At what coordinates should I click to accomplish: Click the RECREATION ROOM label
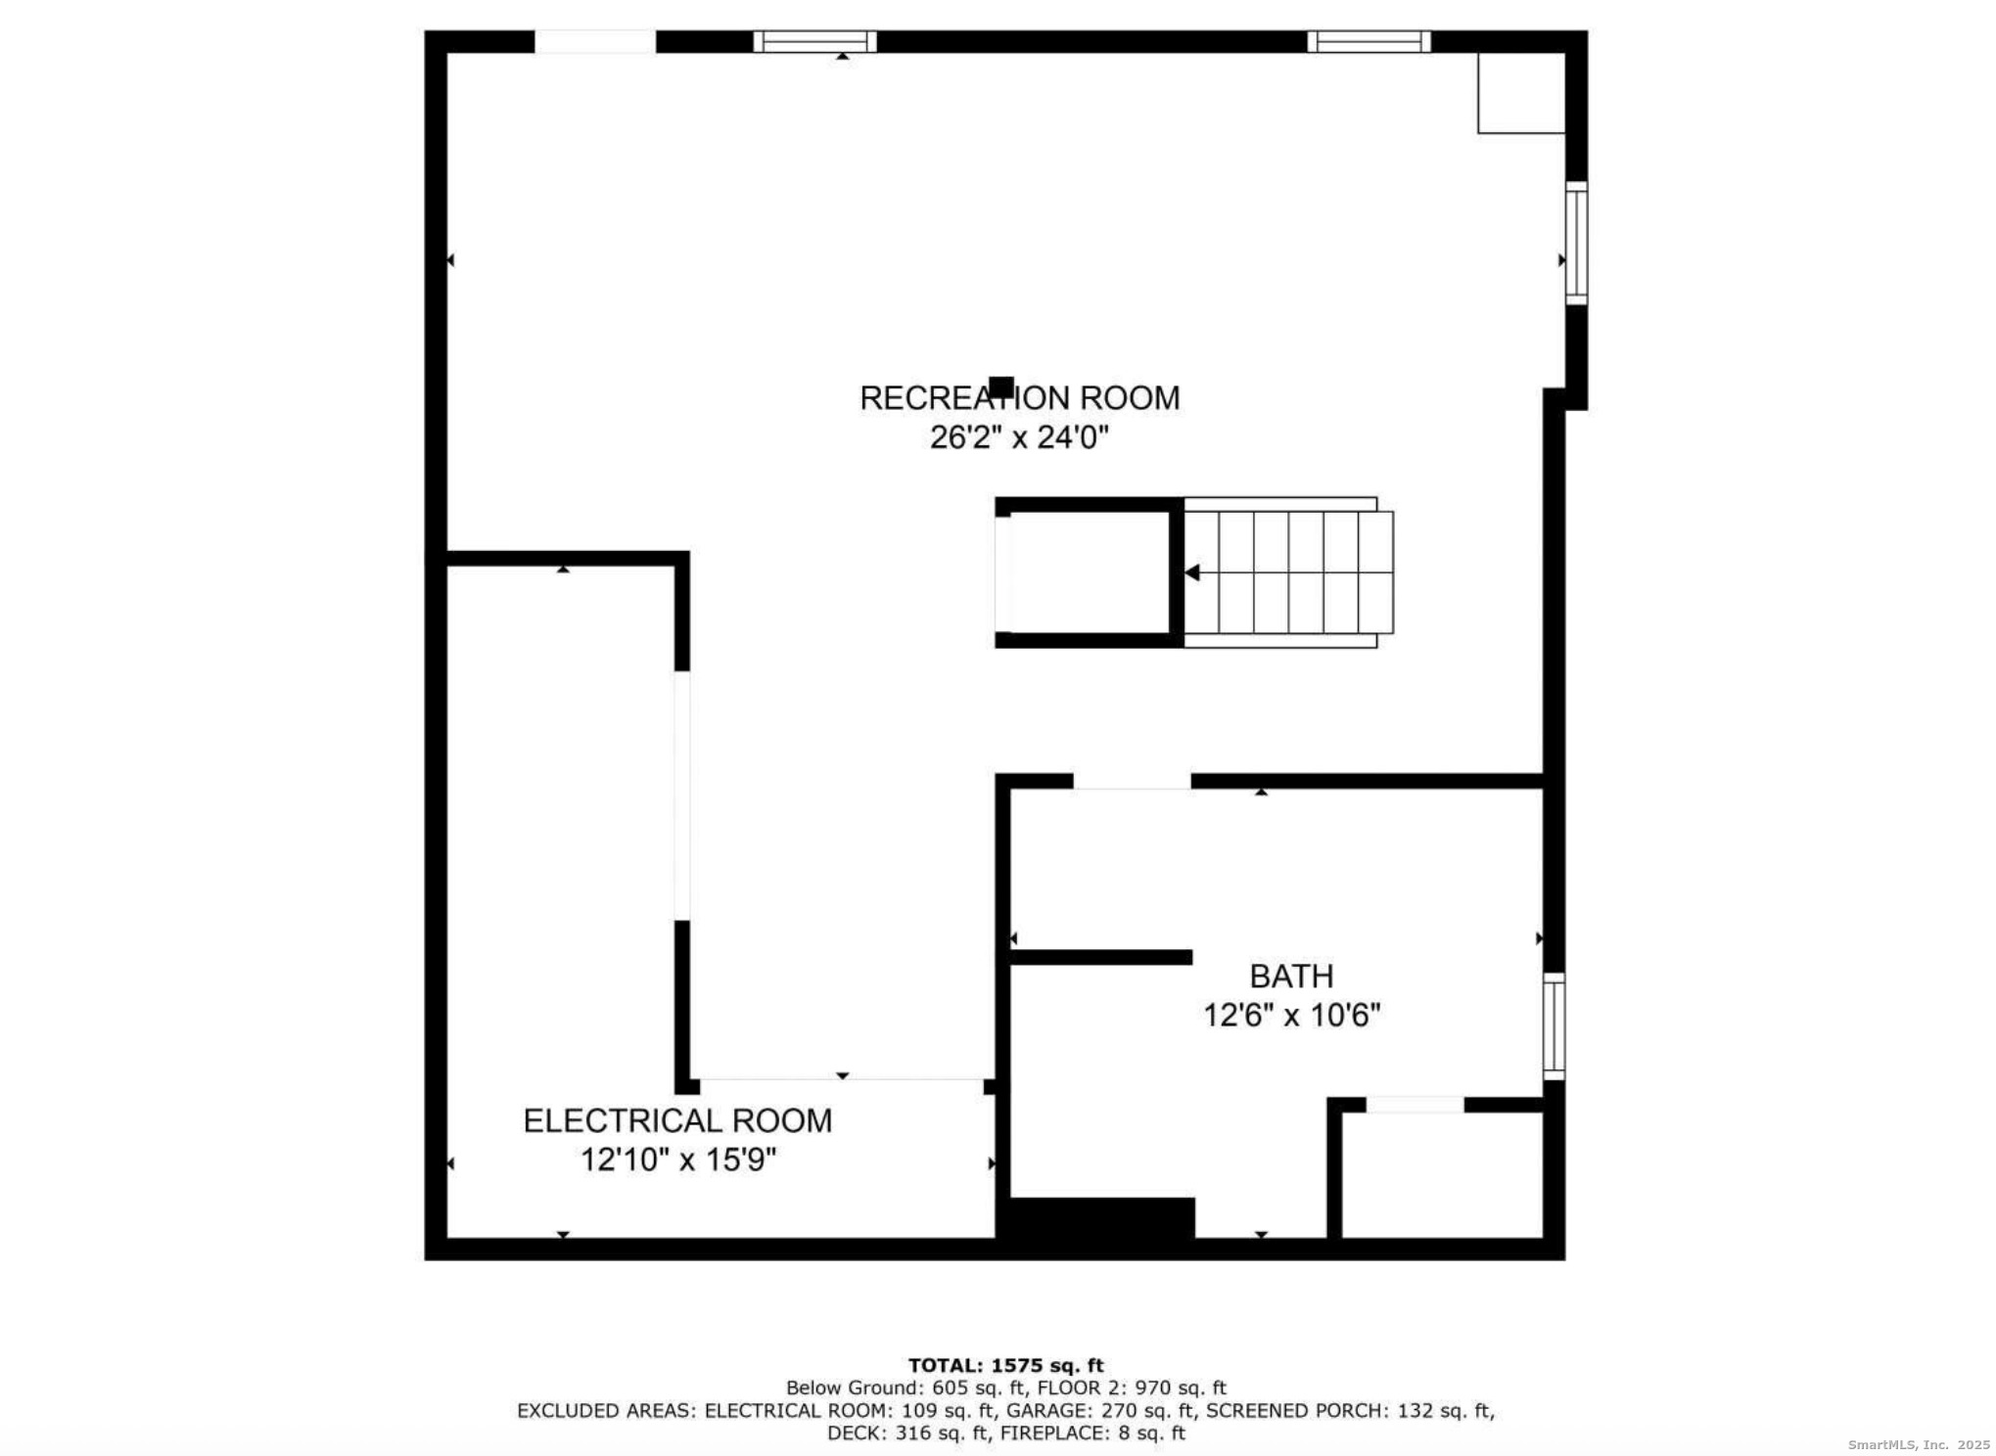tap(1019, 398)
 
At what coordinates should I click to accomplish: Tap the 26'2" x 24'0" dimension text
tap(1019, 437)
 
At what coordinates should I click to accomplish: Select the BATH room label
tap(1291, 976)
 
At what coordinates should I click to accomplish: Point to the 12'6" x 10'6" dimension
tap(1291, 1016)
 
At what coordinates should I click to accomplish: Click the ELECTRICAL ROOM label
tap(677, 1120)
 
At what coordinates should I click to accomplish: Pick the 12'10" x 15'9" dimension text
tap(677, 1160)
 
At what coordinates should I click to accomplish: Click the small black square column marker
tap(1000, 387)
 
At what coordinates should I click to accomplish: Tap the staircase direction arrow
tap(1192, 572)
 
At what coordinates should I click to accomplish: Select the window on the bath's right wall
tap(1554, 1026)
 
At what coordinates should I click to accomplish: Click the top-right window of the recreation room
tap(1369, 41)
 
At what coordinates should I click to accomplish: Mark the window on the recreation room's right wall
tap(1575, 243)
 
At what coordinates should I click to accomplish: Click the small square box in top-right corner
tap(1520, 93)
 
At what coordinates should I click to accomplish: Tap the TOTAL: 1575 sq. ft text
tap(1005, 1365)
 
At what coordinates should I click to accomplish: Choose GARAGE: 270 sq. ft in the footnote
tap(1101, 1410)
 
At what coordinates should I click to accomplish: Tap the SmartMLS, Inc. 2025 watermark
tap(1918, 1444)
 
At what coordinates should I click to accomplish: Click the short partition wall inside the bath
tap(1100, 957)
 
